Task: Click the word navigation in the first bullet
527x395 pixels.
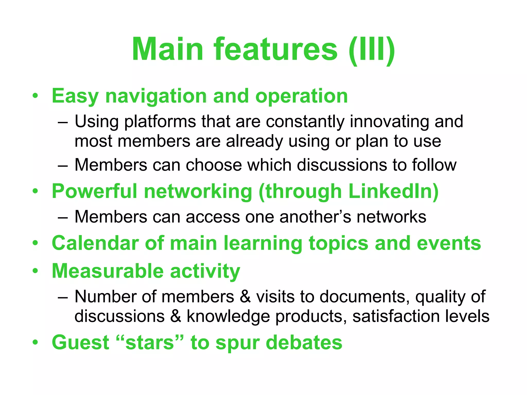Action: pyautogui.click(x=156, y=96)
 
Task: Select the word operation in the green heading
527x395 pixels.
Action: pyautogui.click(x=301, y=96)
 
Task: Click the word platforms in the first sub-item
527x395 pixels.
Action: pyautogui.click(x=160, y=121)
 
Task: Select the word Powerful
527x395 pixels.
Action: pyautogui.click(x=94, y=191)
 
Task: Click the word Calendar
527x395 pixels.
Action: pyautogui.click(x=95, y=243)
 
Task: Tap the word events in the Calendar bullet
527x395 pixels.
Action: pyautogui.click(x=449, y=243)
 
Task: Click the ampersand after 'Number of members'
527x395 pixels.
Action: pyautogui.click(x=245, y=297)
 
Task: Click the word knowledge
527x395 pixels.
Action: pyautogui.click(x=228, y=316)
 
